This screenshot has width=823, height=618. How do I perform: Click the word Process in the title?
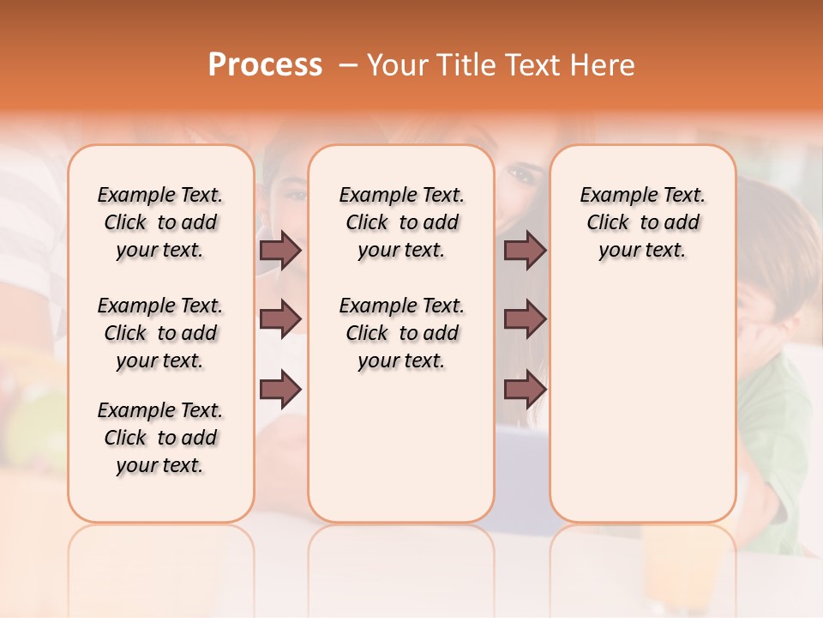click(x=265, y=65)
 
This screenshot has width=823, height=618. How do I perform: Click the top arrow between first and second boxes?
click(x=280, y=250)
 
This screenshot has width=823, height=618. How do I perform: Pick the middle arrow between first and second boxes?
click(x=280, y=319)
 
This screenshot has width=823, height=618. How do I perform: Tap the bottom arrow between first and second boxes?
click(x=280, y=389)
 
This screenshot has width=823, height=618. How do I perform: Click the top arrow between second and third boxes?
click(x=525, y=250)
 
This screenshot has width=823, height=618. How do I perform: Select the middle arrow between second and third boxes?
click(x=525, y=319)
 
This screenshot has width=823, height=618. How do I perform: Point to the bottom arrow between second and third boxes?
click(x=525, y=389)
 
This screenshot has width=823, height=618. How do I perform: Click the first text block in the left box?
click(x=160, y=222)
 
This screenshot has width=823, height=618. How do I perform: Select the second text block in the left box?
click(x=160, y=333)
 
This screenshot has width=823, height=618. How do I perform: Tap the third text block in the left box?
click(x=160, y=438)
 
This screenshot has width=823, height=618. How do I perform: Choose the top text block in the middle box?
click(x=401, y=222)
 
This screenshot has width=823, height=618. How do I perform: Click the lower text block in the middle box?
click(x=401, y=333)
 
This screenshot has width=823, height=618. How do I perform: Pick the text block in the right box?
click(x=642, y=222)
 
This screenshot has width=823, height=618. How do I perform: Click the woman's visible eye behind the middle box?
click(x=520, y=175)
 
